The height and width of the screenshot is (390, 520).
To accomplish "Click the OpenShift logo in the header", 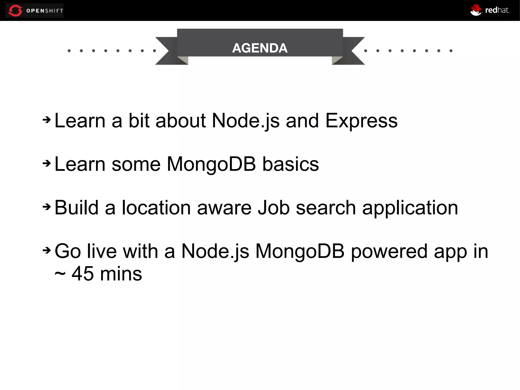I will tap(35, 10).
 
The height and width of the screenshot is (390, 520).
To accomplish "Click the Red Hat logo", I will tap(490, 10).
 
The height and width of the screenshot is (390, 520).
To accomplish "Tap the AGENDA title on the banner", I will tap(260, 48).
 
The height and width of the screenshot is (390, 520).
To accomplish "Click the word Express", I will tap(361, 121).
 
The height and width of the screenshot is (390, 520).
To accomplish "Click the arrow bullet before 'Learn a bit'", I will tap(47, 120).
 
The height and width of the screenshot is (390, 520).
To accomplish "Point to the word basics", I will tap(290, 164).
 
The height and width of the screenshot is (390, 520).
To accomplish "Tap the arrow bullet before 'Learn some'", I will tap(47, 163).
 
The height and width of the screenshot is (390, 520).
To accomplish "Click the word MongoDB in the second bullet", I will tap(211, 164).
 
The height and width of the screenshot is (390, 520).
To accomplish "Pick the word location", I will tap(156, 208).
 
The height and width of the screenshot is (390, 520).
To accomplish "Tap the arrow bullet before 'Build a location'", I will tap(47, 207).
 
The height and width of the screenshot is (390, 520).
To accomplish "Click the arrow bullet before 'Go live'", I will tap(47, 251).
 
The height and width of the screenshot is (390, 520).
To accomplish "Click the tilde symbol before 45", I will tap(60, 274).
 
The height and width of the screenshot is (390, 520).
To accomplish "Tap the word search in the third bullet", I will tap(326, 208).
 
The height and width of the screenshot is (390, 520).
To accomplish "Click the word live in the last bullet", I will tap(102, 251).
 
